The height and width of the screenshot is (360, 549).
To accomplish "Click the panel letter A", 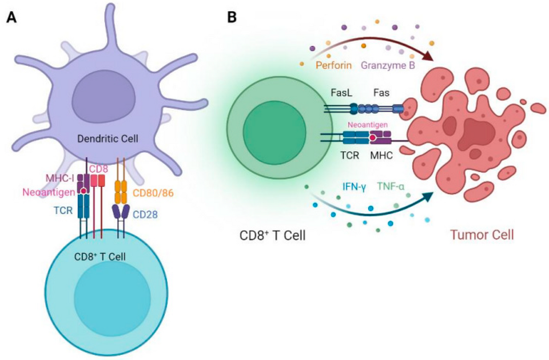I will (11, 17).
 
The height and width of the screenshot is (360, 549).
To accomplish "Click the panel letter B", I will (232, 17).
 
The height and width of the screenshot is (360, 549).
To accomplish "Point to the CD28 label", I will (147, 215).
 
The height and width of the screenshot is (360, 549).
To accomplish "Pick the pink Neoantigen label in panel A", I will (49, 193).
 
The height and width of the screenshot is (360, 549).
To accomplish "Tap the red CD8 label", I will (98, 169).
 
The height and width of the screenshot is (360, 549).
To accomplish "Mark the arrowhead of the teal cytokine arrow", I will (426, 197).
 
